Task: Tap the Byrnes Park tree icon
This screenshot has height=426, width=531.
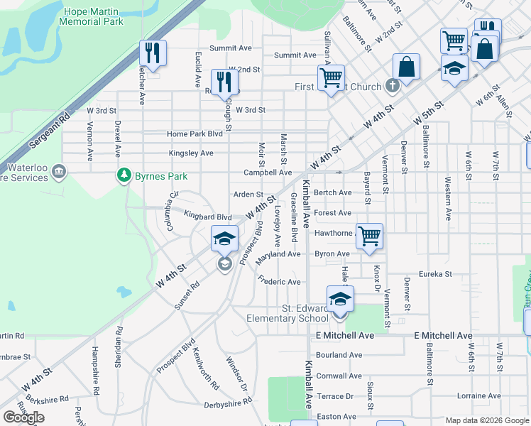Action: tap(124, 174)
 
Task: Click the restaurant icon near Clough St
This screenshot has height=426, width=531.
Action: tap(224, 81)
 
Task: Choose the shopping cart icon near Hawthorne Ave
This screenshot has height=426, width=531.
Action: tap(369, 236)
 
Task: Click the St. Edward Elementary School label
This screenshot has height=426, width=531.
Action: tap(287, 313)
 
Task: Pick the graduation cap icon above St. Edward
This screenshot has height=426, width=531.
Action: tap(340, 298)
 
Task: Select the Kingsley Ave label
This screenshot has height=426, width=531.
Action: tap(191, 153)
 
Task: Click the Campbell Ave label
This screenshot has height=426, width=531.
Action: tap(268, 173)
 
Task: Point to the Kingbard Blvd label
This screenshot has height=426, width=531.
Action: tap(208, 217)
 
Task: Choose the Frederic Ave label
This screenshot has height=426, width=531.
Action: tap(280, 282)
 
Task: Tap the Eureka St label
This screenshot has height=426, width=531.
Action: tap(435, 273)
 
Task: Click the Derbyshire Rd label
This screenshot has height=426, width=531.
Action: tap(227, 401)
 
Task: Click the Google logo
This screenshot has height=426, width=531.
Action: tap(23, 417)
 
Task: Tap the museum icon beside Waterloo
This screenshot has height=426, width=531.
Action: tap(59, 171)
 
